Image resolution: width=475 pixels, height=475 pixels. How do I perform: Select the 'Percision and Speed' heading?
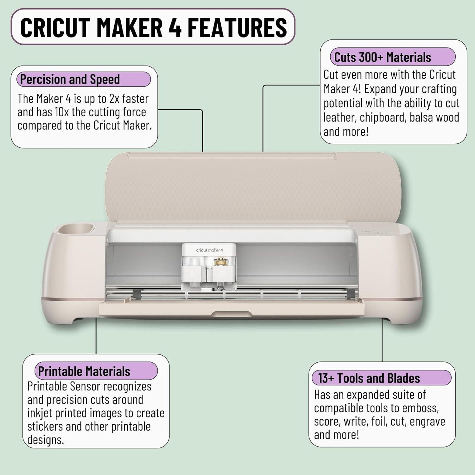(x=70, y=79)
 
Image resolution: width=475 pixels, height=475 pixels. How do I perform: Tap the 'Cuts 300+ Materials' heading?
(x=383, y=57)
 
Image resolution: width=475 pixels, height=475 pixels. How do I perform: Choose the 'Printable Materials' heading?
(x=84, y=371)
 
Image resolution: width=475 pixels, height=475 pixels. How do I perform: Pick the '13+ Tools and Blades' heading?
(x=369, y=378)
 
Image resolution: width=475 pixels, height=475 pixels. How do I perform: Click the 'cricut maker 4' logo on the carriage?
(x=209, y=250)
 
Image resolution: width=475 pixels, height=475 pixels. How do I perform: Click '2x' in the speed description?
(x=114, y=99)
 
